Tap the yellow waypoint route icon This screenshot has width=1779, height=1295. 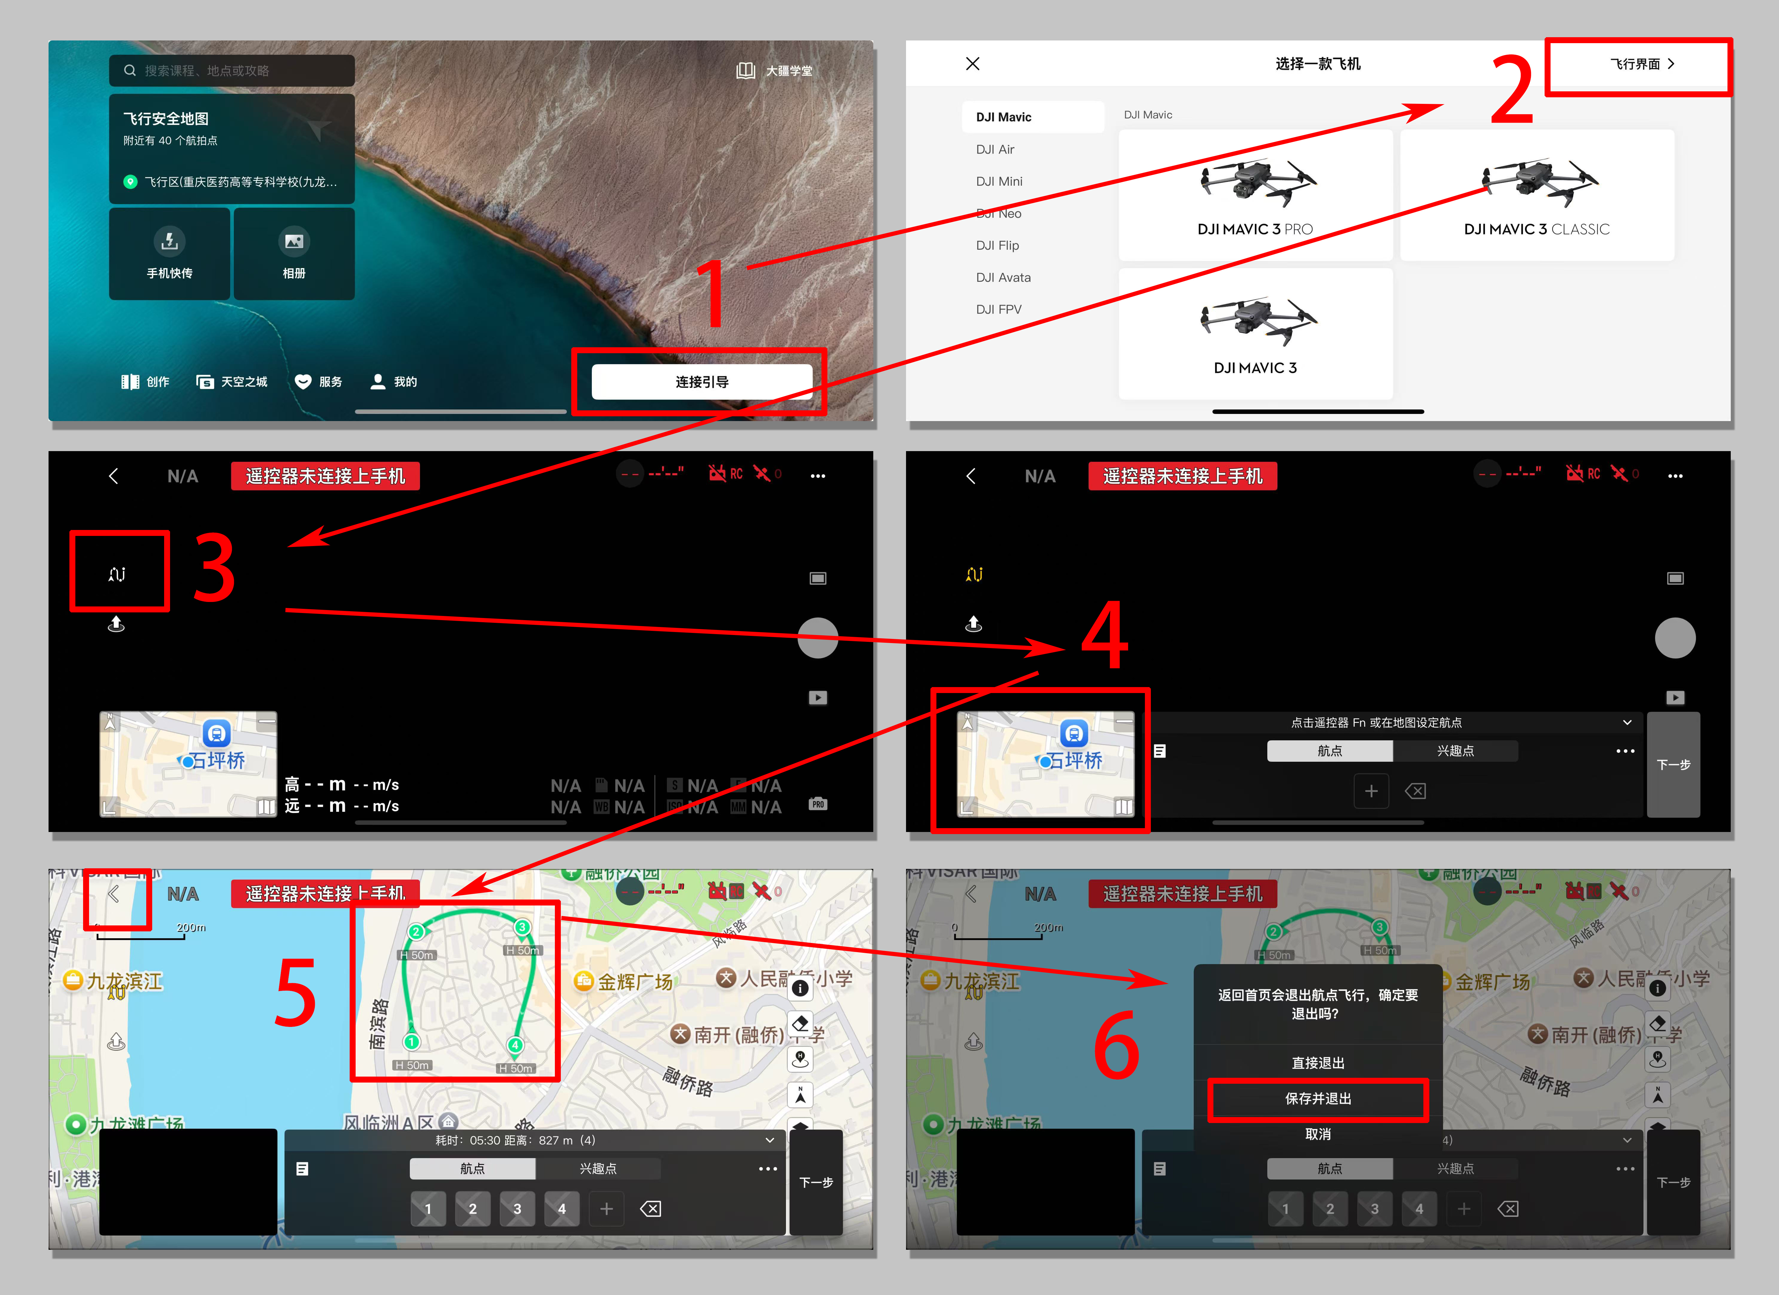pos(973,575)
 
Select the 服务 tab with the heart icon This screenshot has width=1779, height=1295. pos(318,382)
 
